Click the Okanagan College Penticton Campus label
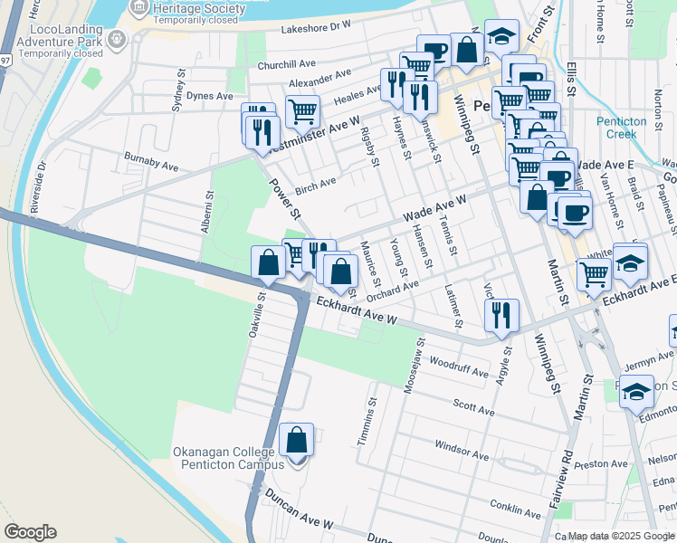point(228,458)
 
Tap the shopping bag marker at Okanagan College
point(297,442)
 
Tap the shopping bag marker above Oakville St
point(269,262)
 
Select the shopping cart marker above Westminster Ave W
point(302,113)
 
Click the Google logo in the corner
point(30,532)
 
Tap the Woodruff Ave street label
point(459,367)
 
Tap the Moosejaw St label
point(419,360)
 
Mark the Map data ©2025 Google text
point(621,536)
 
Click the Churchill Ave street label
point(286,63)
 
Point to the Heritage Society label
point(198,8)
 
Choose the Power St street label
point(282,199)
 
